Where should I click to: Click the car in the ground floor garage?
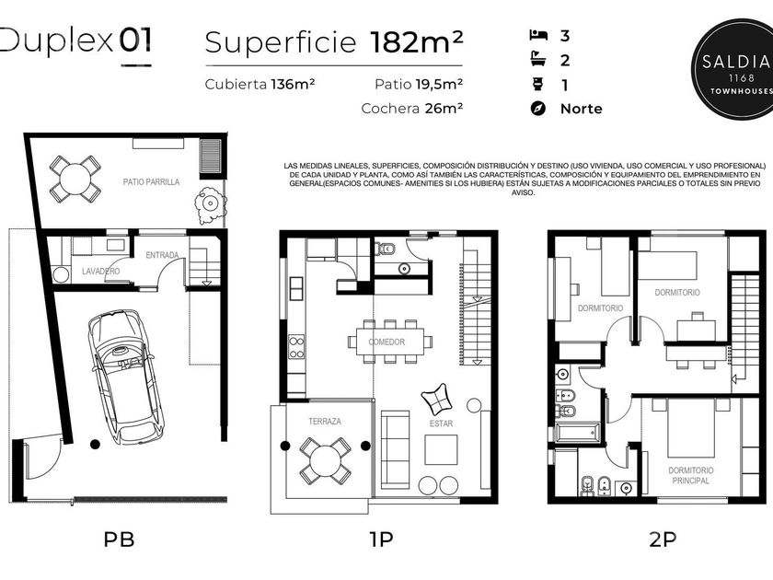click(x=125, y=377)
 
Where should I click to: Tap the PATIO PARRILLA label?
click(x=151, y=182)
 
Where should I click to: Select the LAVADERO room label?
click(x=100, y=272)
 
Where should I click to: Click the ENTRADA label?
click(x=162, y=255)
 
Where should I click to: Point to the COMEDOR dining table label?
click(x=387, y=342)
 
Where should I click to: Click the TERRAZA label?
click(x=324, y=422)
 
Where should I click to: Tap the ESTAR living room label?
click(x=441, y=423)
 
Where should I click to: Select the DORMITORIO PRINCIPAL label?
click(x=691, y=475)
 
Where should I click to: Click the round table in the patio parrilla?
click(x=75, y=179)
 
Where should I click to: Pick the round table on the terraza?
click(x=326, y=460)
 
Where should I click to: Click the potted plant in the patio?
click(x=210, y=203)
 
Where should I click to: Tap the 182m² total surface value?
click(x=417, y=42)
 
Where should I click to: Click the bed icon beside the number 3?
click(x=538, y=35)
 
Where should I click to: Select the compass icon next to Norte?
click(x=538, y=109)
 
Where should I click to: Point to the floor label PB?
click(x=119, y=539)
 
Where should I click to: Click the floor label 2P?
click(x=663, y=539)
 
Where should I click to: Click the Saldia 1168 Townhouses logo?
click(x=733, y=68)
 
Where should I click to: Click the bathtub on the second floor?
click(x=577, y=433)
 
